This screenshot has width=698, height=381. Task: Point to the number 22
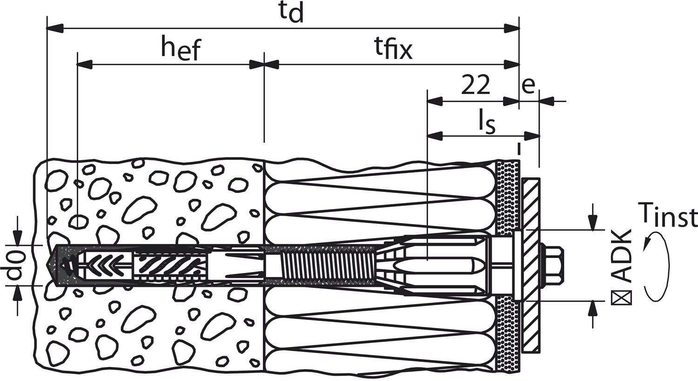(475, 85)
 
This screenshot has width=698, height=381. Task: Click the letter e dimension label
(528, 85)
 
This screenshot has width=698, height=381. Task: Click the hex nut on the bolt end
(553, 265)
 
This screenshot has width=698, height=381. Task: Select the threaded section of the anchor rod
(326, 265)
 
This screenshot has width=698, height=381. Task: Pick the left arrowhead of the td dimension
(54, 28)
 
